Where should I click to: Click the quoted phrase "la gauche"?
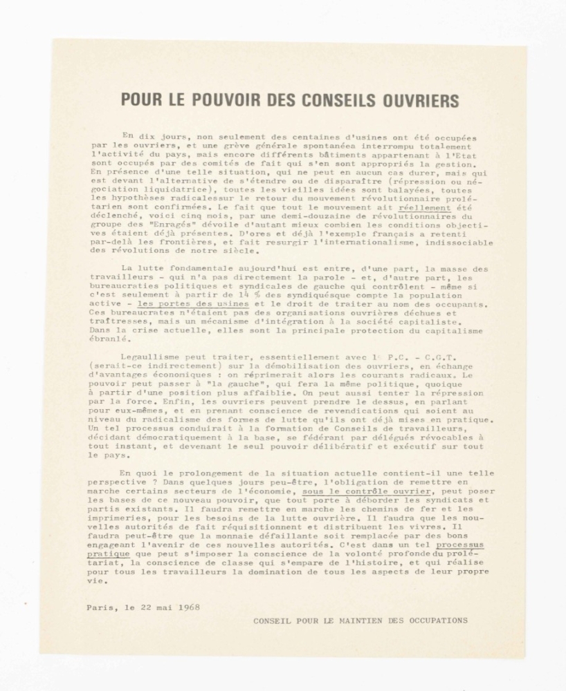click(225, 384)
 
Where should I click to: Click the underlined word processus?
click(455, 544)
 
